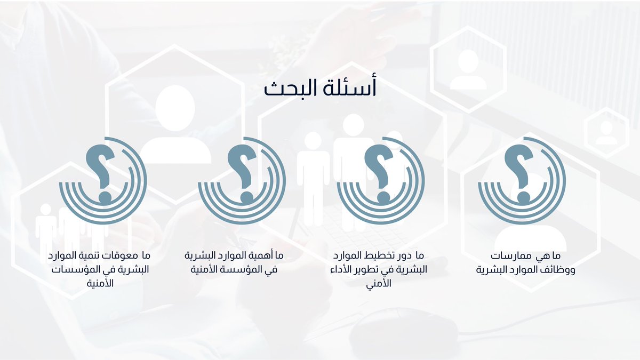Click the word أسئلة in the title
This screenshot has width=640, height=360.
[x=353, y=88]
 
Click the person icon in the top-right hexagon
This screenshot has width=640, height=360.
[x=468, y=69]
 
